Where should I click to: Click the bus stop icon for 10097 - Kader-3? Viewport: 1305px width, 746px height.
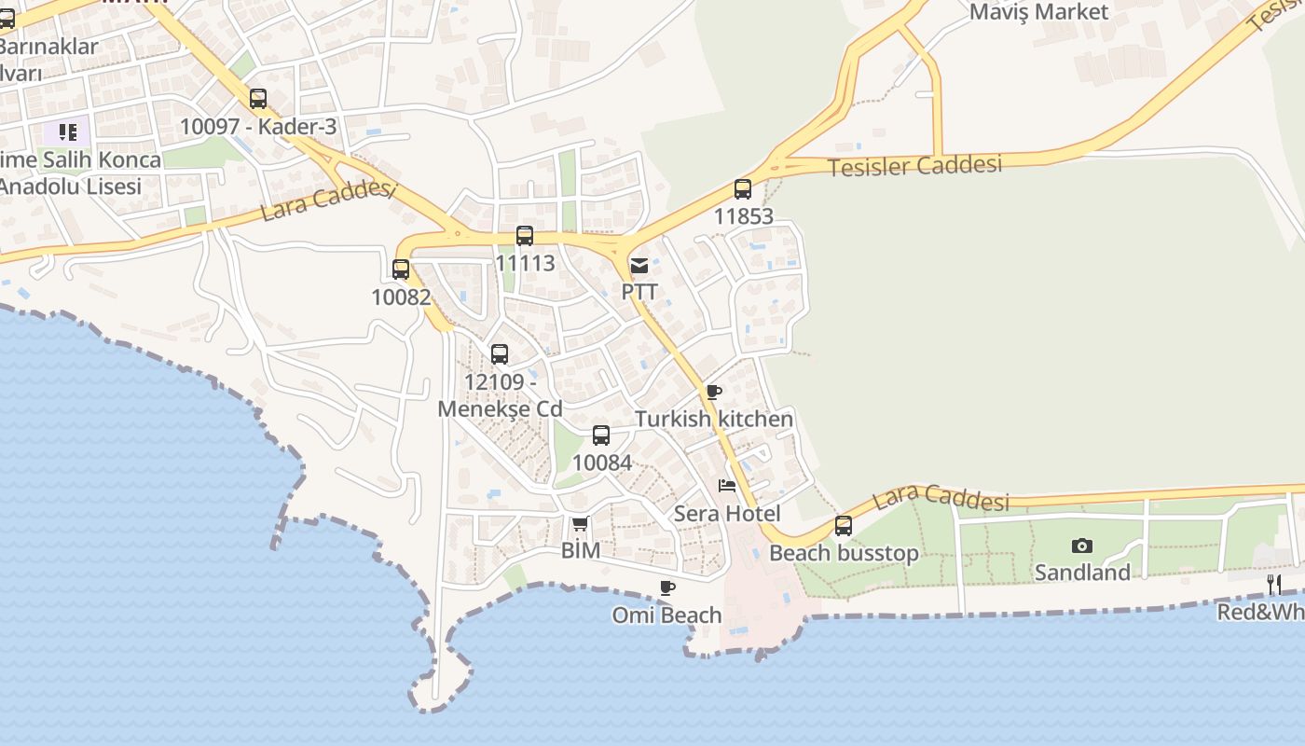[x=258, y=99]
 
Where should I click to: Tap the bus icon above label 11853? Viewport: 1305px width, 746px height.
[x=743, y=189]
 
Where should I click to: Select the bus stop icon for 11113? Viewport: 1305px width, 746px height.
[x=525, y=236]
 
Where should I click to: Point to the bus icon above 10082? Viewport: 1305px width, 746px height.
[x=401, y=269]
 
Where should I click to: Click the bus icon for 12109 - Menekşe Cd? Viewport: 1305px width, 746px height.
[x=500, y=354]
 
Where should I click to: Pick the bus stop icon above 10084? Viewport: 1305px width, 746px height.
[x=601, y=435]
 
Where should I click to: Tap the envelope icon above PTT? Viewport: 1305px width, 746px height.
[x=639, y=266]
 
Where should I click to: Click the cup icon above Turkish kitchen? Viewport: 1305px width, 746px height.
[x=714, y=393]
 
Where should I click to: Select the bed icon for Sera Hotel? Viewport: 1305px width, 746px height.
[x=727, y=486]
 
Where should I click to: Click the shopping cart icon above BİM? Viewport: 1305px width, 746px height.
[x=580, y=524]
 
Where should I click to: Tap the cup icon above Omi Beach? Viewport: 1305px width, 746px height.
[x=666, y=587]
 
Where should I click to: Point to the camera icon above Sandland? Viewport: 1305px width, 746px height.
[x=1082, y=546]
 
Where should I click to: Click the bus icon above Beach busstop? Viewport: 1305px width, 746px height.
[x=844, y=526]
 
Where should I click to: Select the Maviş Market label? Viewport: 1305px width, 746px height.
[x=1039, y=12]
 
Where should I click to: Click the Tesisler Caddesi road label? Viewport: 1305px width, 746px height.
[x=914, y=166]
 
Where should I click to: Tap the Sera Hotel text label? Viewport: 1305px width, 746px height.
[x=727, y=513]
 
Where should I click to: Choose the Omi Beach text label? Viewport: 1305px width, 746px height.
[x=666, y=615]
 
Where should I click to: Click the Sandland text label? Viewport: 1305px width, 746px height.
[x=1082, y=572]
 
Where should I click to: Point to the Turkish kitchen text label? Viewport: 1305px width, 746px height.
[x=714, y=419]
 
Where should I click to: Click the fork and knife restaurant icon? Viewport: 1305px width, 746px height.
[x=1274, y=585]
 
